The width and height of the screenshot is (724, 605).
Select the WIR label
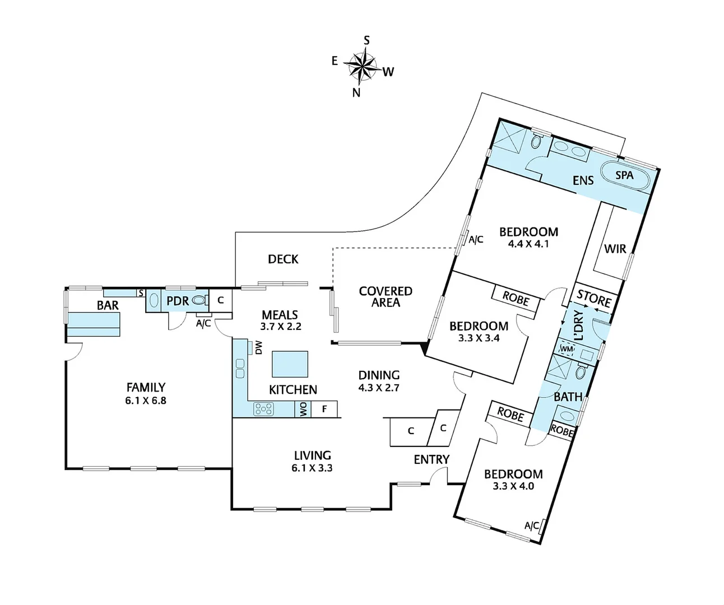615,248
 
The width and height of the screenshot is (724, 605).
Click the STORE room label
594,299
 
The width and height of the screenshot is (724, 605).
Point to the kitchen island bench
290,364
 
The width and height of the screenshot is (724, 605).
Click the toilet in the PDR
198,301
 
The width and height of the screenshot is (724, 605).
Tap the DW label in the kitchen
258,348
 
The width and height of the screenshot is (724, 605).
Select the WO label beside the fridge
303,410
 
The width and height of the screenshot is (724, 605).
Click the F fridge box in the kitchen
324,409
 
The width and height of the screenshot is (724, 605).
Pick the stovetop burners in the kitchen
263,409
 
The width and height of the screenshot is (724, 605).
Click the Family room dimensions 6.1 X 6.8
146,401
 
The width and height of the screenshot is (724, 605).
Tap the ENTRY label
431,459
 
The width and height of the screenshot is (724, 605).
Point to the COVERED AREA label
386,297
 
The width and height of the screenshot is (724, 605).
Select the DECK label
283,259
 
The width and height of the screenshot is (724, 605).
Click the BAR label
108,305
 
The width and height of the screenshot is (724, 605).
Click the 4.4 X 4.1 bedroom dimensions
528,244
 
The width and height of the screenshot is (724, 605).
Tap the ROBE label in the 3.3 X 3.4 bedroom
516,299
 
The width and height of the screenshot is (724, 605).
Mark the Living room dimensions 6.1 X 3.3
312,468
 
